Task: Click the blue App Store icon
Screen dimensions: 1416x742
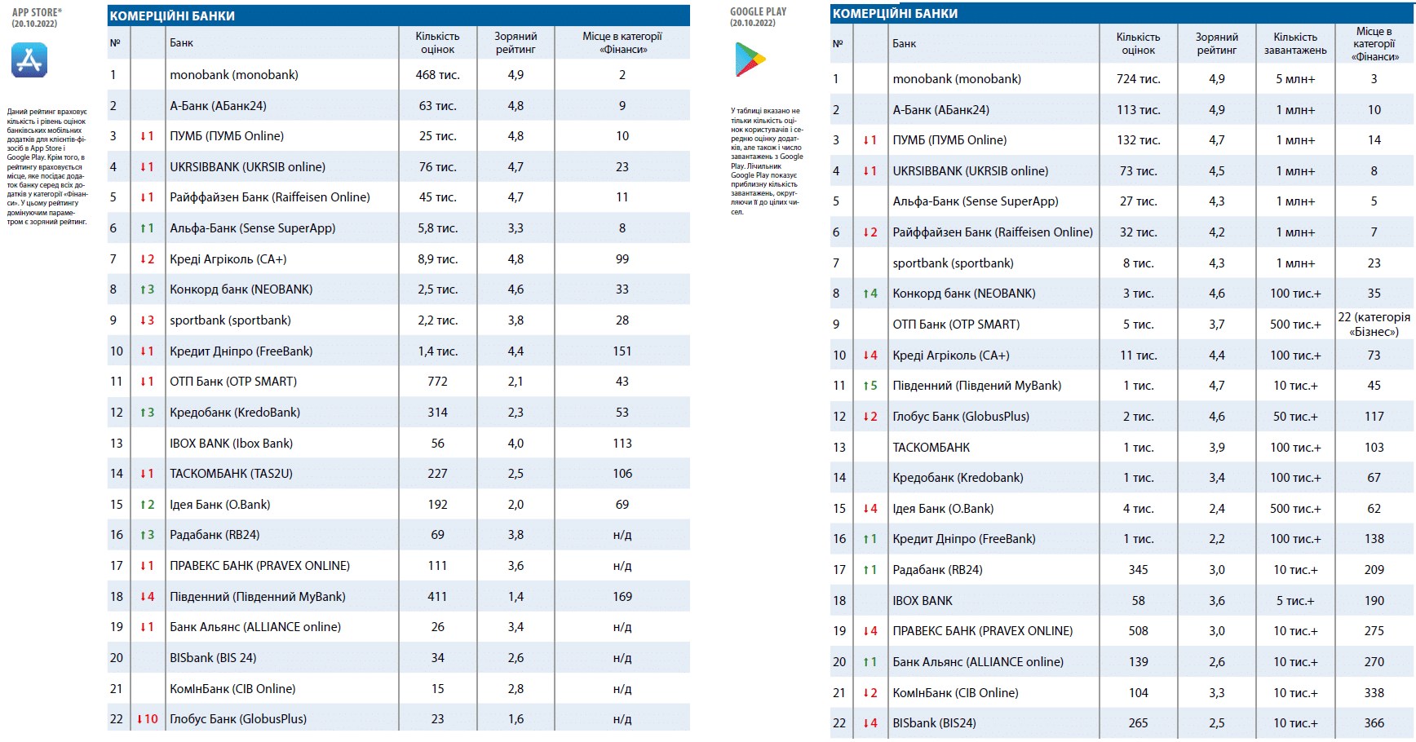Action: coord(29,60)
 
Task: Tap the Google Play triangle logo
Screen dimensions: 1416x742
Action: coord(750,59)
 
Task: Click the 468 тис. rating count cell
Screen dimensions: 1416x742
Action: coord(437,75)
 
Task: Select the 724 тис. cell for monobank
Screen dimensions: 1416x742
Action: coord(1138,79)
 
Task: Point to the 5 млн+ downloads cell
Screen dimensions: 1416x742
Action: coord(1295,79)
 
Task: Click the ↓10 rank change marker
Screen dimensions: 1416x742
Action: coord(147,719)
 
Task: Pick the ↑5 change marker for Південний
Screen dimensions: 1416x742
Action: coord(870,386)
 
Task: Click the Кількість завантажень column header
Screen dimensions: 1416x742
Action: coord(1295,43)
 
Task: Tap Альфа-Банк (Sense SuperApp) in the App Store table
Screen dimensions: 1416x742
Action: coord(252,228)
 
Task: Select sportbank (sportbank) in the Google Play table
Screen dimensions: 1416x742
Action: coord(953,263)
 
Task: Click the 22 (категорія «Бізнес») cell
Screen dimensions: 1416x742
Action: coord(1374,325)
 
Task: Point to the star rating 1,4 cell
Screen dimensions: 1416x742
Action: coord(516,597)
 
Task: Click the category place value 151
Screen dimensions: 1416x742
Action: coord(622,351)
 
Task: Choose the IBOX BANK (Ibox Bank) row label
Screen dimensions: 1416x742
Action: coord(231,444)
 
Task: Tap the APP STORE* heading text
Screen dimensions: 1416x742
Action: coord(37,12)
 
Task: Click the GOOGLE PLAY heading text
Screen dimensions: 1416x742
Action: coord(759,11)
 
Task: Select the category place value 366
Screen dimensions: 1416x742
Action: coord(1374,723)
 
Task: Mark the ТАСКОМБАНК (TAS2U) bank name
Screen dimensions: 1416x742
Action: coord(231,474)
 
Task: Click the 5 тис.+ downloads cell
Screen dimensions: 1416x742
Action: coord(1295,601)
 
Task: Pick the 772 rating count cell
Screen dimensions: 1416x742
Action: coord(437,382)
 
